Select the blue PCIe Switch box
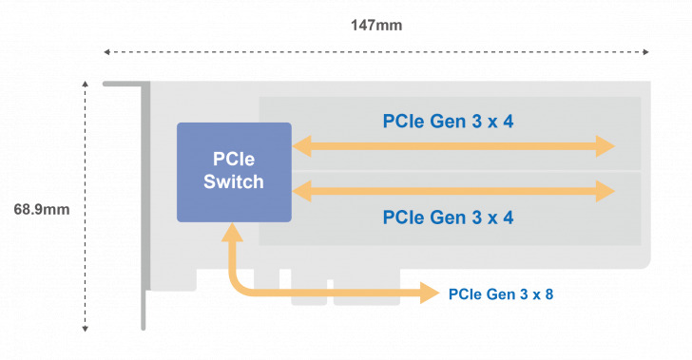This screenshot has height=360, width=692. (234, 172)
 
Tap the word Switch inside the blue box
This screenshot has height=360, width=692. (234, 181)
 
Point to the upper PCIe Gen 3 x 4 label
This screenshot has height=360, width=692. (448, 121)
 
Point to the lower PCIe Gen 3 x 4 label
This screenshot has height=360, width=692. (448, 217)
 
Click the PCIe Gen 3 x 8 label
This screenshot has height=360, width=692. (500, 294)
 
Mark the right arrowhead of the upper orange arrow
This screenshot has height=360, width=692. (605, 146)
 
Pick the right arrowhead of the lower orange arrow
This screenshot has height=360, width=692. (605, 191)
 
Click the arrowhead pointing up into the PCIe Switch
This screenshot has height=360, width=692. (231, 232)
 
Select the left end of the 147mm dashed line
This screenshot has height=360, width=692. (106, 51)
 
